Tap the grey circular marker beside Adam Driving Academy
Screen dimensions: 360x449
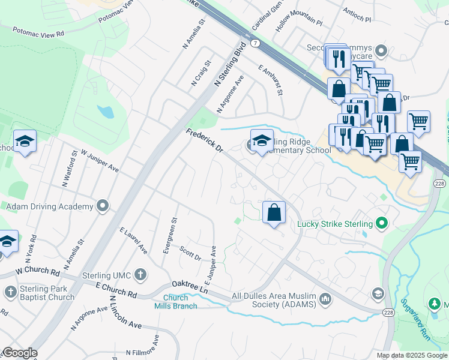pyautogui.click(x=103, y=206)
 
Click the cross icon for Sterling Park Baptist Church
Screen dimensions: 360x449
pyautogui.click(x=10, y=292)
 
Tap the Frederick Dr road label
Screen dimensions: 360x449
pyautogui.click(x=204, y=142)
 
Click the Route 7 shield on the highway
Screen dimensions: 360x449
pyautogui.click(x=256, y=43)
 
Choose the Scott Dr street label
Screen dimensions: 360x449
pyautogui.click(x=190, y=253)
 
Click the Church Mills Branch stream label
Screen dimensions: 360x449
pyautogui.click(x=179, y=302)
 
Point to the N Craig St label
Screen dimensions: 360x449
pyautogui.click(x=201, y=73)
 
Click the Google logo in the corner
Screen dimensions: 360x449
pyautogui.click(x=20, y=353)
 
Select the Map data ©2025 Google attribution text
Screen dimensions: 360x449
pyautogui.click(x=412, y=355)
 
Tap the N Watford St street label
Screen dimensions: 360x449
pyautogui.click(x=66, y=168)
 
